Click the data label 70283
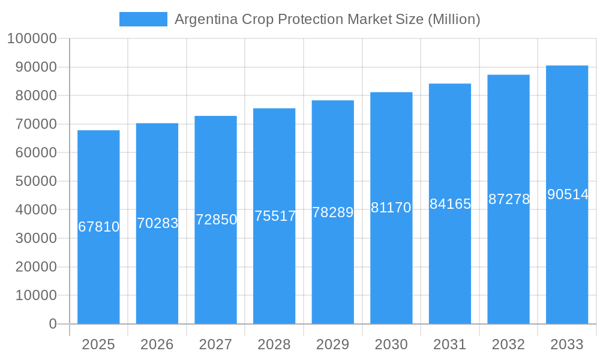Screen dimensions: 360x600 pyautogui.click(x=157, y=223)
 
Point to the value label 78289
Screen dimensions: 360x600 pyautogui.click(x=333, y=212)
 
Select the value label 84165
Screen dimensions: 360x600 pyautogui.click(x=450, y=204)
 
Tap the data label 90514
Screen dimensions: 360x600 pyautogui.click(x=567, y=194)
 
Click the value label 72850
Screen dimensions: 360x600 pyautogui.click(x=216, y=220)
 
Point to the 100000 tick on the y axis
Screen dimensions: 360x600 pyautogui.click(x=32, y=39)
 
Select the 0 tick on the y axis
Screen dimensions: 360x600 pyautogui.click(x=53, y=324)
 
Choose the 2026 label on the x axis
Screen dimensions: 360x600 pyautogui.click(x=157, y=344)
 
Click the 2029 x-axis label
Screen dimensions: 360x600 pyautogui.click(x=333, y=344)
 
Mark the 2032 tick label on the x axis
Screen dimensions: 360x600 pyautogui.click(x=508, y=344)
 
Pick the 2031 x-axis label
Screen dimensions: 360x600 pyautogui.click(x=450, y=344)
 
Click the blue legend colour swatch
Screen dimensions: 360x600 pyautogui.click(x=143, y=19)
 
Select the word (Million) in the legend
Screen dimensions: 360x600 pyautogui.click(x=454, y=19)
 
